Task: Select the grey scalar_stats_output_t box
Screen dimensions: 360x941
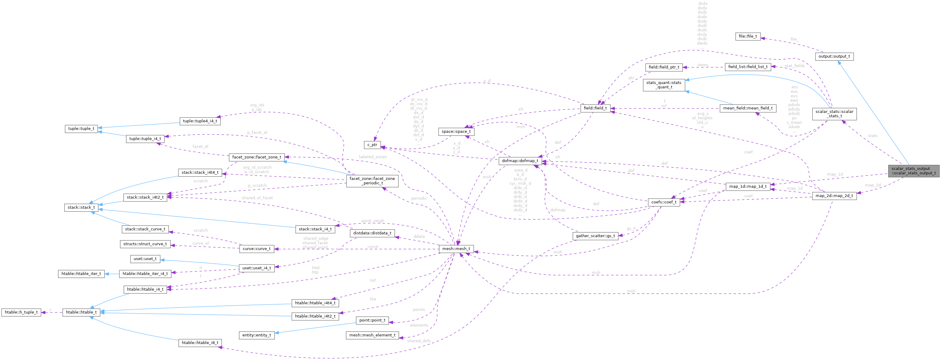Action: [x=913, y=171]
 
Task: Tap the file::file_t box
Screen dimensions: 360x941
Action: [x=748, y=36]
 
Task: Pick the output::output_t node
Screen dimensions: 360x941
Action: [x=834, y=57]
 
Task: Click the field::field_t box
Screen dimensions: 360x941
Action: [x=595, y=108]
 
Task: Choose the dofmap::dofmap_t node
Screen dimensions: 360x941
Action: [x=520, y=161]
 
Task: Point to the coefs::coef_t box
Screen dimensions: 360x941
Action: [x=664, y=202]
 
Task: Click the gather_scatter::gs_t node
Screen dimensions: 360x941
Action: [x=595, y=236]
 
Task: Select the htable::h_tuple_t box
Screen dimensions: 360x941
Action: [x=21, y=312]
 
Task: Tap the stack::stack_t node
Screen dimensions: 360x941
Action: [x=81, y=207]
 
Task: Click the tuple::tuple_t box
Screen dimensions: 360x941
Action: [x=81, y=129]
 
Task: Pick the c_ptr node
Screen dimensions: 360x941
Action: [x=372, y=145]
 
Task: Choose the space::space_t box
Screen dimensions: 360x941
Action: [x=456, y=131]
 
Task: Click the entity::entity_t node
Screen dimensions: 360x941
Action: [x=257, y=335]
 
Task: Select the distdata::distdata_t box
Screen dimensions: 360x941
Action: [x=372, y=233]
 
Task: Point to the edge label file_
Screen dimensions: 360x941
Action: [x=794, y=39]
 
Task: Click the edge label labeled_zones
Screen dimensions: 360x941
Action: [x=373, y=157]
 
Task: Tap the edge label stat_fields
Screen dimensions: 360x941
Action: [x=794, y=66]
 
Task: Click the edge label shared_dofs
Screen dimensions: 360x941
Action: [x=418, y=341]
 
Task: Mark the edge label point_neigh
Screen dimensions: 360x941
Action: [x=373, y=221]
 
